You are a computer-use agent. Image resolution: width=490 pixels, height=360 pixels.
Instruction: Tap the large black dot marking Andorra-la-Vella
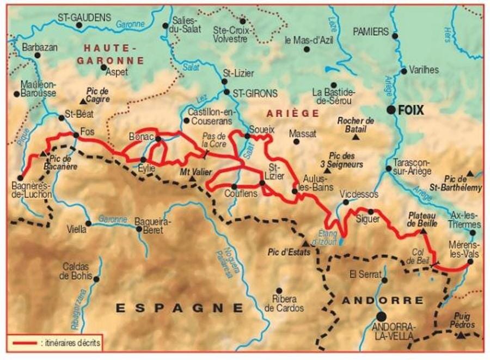[x=381, y=316]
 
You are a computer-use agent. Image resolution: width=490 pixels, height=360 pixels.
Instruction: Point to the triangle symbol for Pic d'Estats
[x=305, y=243]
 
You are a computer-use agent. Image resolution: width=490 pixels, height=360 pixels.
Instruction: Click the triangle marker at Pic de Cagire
[x=83, y=101]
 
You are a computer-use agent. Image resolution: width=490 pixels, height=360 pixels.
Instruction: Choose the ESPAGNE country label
[x=179, y=308]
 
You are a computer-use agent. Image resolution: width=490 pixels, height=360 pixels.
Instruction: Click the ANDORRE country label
[x=382, y=300]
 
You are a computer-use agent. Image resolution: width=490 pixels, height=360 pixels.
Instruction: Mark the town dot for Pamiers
[x=395, y=36]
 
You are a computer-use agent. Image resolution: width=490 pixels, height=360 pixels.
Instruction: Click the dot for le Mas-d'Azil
[x=307, y=49]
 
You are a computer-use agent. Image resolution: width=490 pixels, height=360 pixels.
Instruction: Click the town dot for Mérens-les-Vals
[x=470, y=261]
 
